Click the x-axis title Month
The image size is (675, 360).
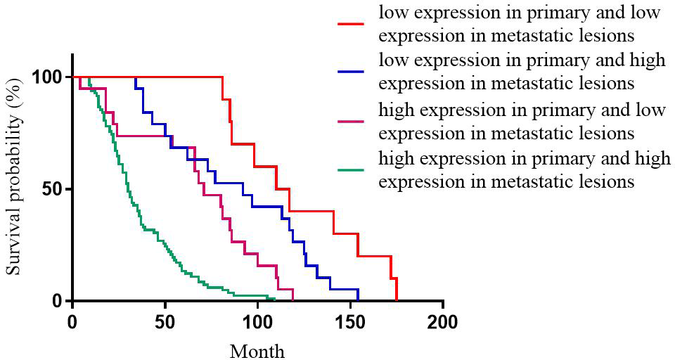[x=257, y=350]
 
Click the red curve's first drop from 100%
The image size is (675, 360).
[x=222, y=77]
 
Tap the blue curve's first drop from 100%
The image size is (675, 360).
[x=136, y=77]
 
